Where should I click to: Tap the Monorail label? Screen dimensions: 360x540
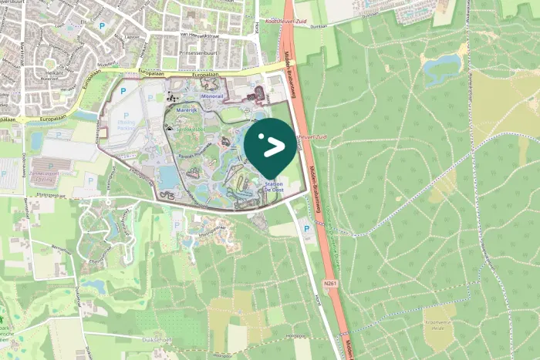pos(211,96)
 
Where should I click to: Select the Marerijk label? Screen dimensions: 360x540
pos(187,110)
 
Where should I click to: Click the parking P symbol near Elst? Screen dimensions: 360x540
pos(102,25)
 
